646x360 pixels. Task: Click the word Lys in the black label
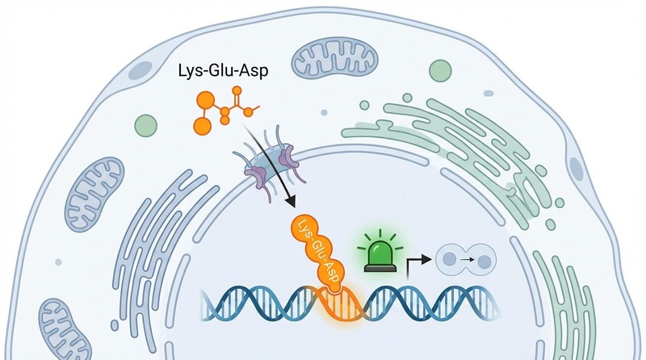[x=189, y=72]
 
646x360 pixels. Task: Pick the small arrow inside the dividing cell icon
[x=467, y=261]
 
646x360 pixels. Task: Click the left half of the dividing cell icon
[x=451, y=260]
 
